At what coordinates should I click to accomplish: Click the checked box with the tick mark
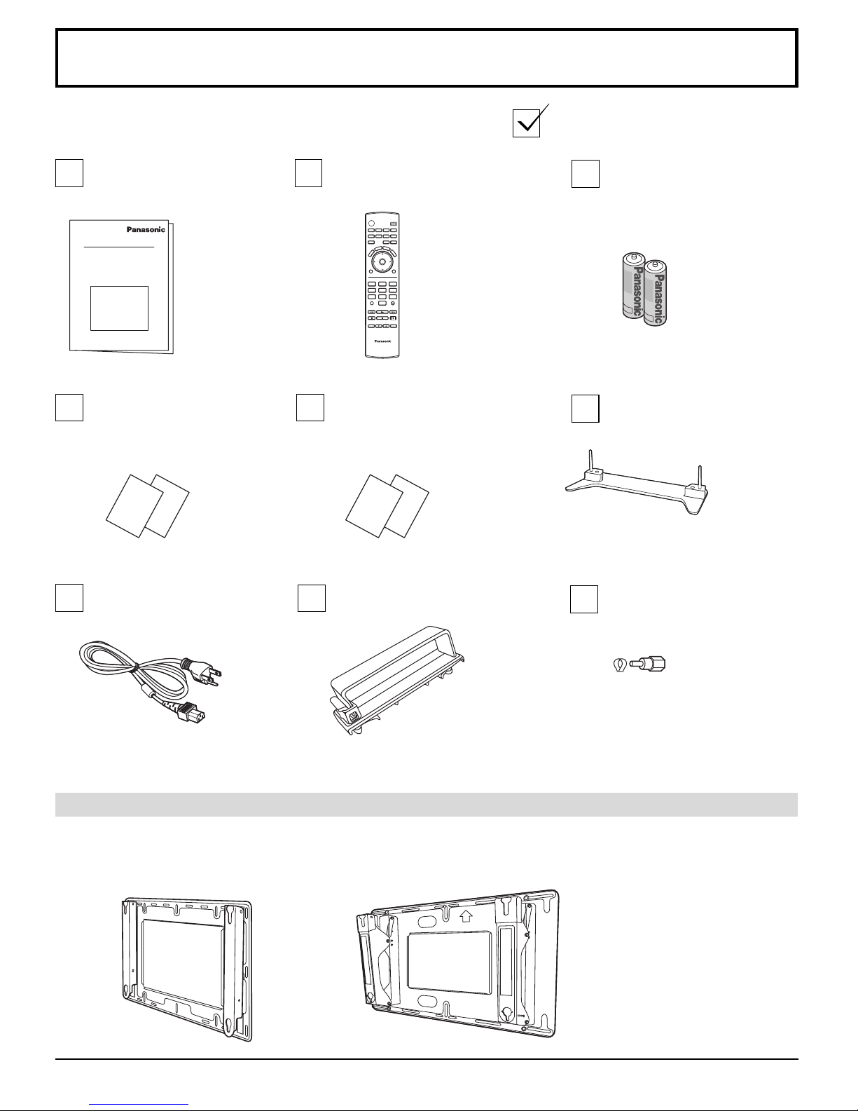click(527, 123)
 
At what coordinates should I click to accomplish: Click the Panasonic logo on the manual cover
click(146, 230)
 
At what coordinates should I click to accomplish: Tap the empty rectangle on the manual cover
click(120, 308)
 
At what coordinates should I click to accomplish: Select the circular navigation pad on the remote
click(382, 261)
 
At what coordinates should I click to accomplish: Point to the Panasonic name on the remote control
click(382, 341)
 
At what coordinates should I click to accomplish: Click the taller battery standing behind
click(633, 285)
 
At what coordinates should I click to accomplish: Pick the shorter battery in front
click(656, 294)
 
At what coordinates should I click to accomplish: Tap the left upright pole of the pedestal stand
click(590, 460)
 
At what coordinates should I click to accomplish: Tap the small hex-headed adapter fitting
click(648, 664)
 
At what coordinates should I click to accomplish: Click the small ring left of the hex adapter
click(619, 665)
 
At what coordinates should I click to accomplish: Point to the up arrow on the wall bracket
click(466, 915)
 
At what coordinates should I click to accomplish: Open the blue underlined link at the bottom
click(139, 1105)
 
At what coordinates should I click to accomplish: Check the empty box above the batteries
click(586, 174)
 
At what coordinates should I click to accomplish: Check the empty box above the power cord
click(69, 598)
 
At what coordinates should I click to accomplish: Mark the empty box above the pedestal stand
click(586, 409)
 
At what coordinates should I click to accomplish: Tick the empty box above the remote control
click(308, 173)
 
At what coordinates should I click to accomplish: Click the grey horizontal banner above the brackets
click(427, 805)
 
